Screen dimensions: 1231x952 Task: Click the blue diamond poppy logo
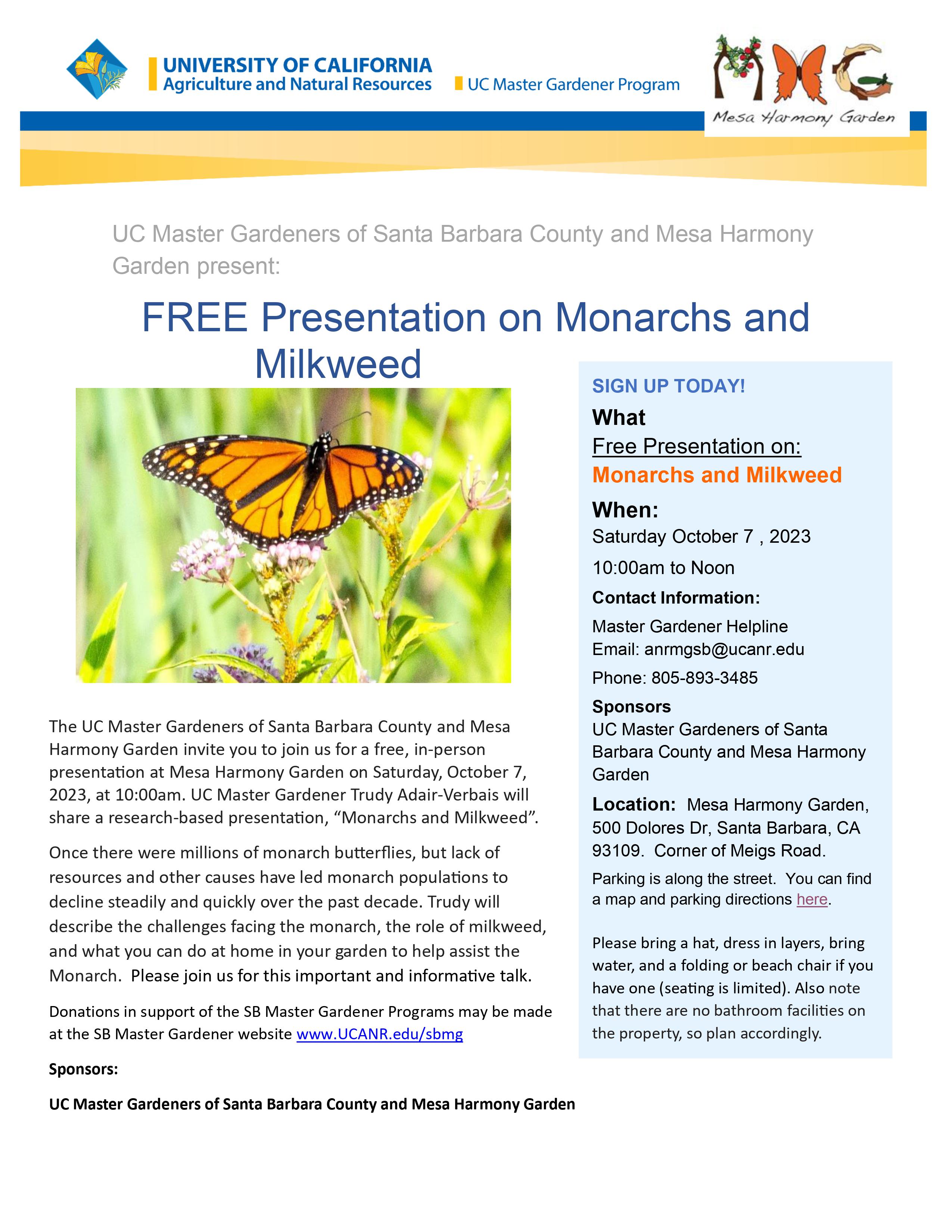(97, 69)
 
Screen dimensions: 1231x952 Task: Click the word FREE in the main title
(194, 318)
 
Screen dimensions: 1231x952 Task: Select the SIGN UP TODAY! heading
(668, 386)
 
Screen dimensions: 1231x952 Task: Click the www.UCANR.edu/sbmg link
(380, 1034)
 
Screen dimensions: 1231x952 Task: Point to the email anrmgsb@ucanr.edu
(724, 649)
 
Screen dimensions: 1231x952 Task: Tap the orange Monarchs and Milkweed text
(716, 475)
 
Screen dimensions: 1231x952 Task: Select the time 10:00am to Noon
(663, 568)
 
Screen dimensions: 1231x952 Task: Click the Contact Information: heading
(676, 598)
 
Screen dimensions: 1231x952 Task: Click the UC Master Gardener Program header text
(573, 85)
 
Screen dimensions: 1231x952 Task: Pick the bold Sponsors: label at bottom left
(84, 1069)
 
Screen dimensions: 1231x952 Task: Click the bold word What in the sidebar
(619, 418)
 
